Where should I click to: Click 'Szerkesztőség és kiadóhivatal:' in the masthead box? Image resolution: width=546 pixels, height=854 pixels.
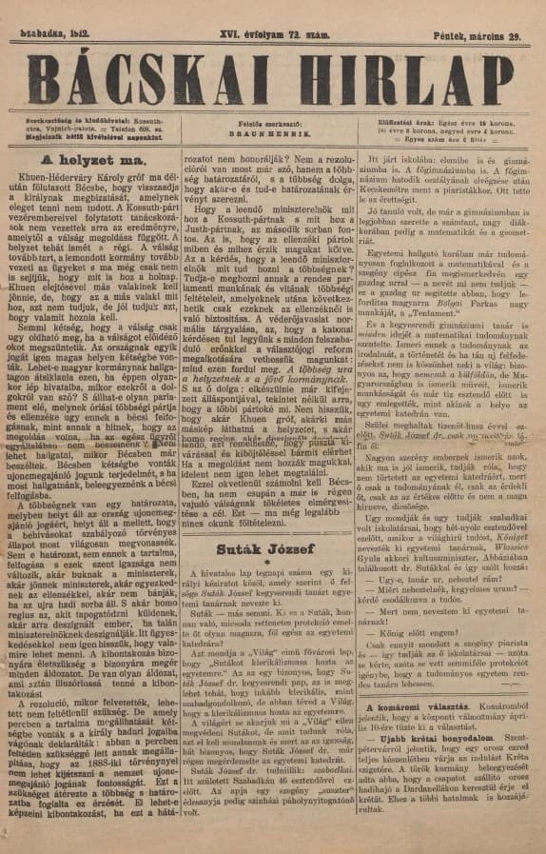point(64,121)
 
